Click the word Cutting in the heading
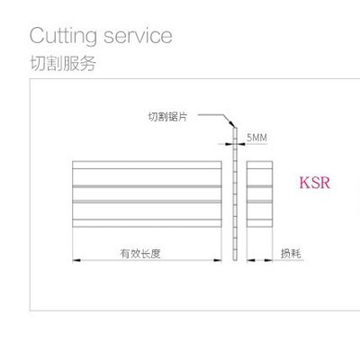click(x=63, y=37)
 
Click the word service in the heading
click(x=138, y=36)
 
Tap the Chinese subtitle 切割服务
click(x=63, y=63)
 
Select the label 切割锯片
click(x=167, y=116)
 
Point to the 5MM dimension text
click(x=256, y=138)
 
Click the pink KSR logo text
click(x=315, y=183)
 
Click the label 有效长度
click(x=140, y=254)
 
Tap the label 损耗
click(x=291, y=254)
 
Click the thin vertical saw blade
click(x=235, y=193)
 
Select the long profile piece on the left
click(x=147, y=193)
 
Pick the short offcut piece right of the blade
click(x=260, y=193)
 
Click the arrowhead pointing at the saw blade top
click(x=231, y=123)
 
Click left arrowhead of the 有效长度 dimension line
click(x=76, y=260)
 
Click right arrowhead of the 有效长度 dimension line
click(x=218, y=260)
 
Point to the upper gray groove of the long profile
click(x=147, y=186)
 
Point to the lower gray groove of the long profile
click(x=147, y=202)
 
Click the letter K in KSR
click(x=306, y=183)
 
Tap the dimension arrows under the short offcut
click(x=260, y=260)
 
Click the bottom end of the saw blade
click(x=235, y=259)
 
